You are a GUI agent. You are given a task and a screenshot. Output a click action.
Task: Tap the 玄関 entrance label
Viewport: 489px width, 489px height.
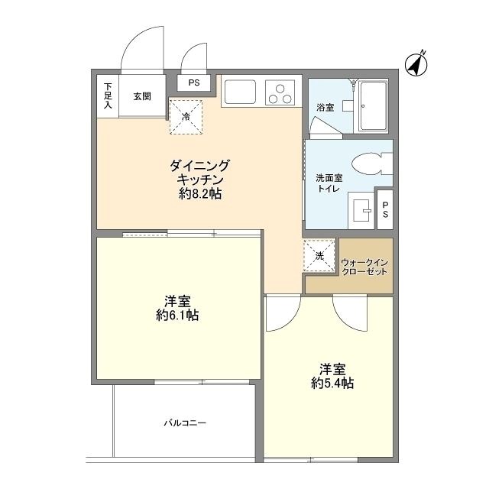[141, 96]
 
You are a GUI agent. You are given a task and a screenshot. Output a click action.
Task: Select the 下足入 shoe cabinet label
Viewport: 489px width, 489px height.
[108, 96]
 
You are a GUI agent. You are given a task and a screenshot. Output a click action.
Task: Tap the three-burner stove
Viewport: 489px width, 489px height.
[280, 92]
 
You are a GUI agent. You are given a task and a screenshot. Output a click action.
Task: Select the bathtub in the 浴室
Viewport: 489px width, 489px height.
[377, 105]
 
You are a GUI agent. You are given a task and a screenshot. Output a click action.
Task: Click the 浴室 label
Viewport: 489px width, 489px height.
[325, 108]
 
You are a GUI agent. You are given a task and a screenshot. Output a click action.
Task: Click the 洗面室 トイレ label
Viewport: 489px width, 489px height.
[329, 183]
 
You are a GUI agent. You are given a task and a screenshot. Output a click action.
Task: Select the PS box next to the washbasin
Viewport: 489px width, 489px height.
[386, 209]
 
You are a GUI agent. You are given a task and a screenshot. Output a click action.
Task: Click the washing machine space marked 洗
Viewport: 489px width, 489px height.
[320, 255]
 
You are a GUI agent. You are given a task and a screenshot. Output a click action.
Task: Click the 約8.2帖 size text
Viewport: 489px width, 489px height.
[200, 194]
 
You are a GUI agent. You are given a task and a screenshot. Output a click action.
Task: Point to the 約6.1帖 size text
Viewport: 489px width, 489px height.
[176, 315]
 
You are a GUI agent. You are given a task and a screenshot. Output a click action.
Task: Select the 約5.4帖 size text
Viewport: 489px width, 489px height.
[332, 383]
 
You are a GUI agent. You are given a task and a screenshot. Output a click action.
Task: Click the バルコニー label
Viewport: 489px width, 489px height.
[184, 423]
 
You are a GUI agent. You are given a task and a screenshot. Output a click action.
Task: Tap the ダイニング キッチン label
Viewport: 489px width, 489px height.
[199, 172]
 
